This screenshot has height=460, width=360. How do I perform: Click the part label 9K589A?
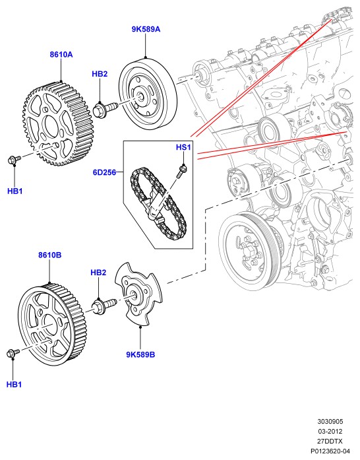[146, 29]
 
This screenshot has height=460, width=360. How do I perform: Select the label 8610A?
[61, 55]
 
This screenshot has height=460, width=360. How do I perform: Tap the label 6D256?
[104, 172]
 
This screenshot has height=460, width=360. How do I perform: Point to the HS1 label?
[183, 147]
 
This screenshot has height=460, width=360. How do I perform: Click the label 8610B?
[50, 255]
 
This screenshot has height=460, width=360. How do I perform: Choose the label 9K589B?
[140, 354]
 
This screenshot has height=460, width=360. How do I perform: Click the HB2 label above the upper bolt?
[100, 74]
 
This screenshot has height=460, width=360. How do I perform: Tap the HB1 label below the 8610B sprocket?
[14, 384]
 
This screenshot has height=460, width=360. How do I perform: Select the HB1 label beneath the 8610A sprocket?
[15, 191]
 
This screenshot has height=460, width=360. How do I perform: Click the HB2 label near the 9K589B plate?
[98, 273]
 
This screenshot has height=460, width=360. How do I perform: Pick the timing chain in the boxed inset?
[158, 203]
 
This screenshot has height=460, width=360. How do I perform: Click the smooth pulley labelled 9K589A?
[148, 94]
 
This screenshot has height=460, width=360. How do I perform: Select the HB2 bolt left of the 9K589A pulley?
[105, 110]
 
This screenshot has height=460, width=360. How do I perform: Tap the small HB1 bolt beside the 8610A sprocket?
[14, 160]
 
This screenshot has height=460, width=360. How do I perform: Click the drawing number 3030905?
[330, 422]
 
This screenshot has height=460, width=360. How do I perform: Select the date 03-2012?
[330, 431]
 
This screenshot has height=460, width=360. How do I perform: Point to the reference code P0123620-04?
[330, 451]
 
